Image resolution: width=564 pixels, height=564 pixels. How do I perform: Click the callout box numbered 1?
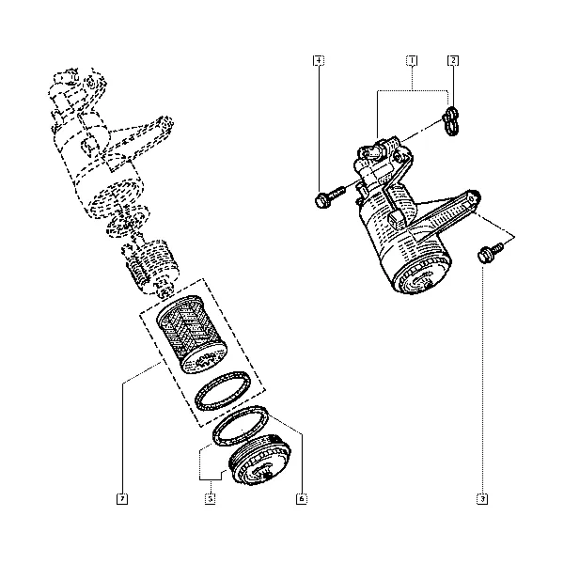click(x=412, y=60)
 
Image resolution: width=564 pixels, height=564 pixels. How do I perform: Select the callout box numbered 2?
click(x=453, y=60)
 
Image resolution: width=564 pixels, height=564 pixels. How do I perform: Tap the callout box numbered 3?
click(x=482, y=499)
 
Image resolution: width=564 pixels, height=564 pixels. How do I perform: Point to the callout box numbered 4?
click(x=319, y=60)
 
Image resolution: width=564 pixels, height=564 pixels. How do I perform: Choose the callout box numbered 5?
click(x=211, y=499)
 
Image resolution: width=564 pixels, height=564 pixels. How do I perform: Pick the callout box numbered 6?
click(x=302, y=499)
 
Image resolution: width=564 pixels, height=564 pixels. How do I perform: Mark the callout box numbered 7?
click(x=122, y=499)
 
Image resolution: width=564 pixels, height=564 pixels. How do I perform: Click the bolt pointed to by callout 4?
click(x=330, y=196)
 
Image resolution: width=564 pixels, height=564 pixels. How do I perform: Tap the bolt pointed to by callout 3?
click(x=491, y=253)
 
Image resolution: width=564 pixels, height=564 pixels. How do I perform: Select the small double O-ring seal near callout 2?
click(x=451, y=121)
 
